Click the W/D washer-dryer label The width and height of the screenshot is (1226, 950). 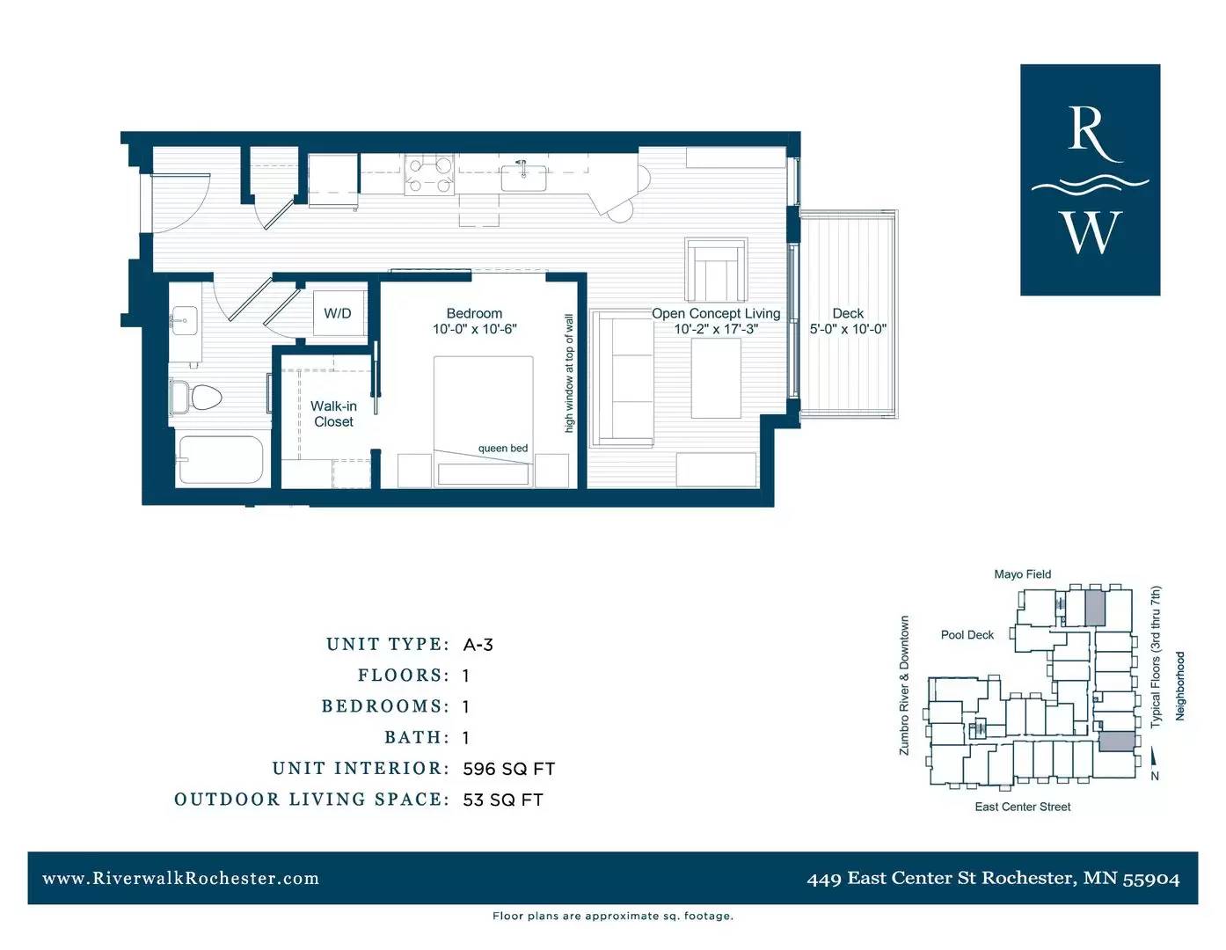337,313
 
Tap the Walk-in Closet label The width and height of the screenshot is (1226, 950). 333,413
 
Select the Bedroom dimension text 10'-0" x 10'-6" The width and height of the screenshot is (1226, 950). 475,329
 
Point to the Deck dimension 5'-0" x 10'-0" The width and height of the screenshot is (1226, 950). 848,328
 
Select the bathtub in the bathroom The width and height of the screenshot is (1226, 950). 221,460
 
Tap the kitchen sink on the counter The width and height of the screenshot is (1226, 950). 523,177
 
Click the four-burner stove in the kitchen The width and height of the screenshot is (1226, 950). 429,175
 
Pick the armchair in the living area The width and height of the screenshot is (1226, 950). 715,270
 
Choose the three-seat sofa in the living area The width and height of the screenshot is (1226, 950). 622,378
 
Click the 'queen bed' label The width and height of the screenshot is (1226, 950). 503,448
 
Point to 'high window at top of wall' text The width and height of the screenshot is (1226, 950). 569,374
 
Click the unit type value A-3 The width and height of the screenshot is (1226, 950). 478,644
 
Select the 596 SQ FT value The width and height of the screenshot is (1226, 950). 509,768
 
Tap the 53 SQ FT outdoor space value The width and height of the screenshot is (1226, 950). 503,800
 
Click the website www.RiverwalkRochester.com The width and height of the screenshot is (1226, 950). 180,878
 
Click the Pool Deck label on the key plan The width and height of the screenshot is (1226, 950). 967,634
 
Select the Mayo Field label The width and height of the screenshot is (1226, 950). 1022,574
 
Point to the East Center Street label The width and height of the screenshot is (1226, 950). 1022,807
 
